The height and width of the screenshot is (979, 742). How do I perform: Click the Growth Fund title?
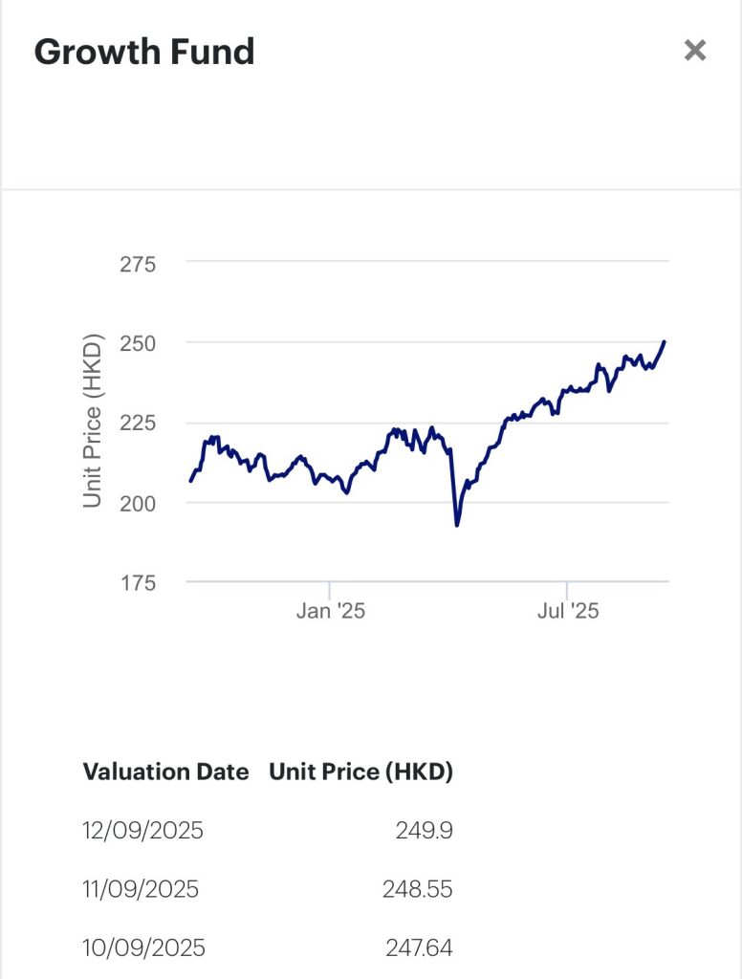[x=144, y=52]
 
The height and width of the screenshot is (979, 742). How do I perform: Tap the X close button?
[x=695, y=51]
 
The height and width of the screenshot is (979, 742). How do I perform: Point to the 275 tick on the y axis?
[x=138, y=263]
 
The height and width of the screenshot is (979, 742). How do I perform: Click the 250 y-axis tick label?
[x=138, y=342]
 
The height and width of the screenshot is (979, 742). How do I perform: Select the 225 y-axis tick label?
[x=138, y=423]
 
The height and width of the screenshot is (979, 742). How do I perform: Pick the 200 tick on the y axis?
[x=138, y=502]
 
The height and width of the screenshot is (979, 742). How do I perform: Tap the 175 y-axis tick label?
[x=138, y=581]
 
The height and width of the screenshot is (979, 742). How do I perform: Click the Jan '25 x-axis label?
[x=330, y=611]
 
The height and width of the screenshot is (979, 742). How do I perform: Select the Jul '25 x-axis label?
[x=567, y=611]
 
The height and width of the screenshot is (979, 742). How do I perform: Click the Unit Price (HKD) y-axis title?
[x=92, y=421]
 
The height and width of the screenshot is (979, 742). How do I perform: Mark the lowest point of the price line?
[x=457, y=525]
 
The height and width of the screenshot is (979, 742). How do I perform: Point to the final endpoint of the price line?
[x=665, y=341]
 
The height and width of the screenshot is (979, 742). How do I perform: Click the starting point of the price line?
[x=190, y=480]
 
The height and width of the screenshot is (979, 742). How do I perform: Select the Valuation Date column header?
[x=165, y=772]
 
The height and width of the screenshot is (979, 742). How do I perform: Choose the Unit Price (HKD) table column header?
[x=360, y=772]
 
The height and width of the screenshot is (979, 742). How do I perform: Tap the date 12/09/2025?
[x=143, y=830]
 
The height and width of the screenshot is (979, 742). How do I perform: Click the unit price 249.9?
[x=424, y=830]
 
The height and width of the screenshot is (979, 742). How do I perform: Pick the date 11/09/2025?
[x=141, y=889]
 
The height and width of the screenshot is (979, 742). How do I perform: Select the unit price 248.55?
[x=417, y=889]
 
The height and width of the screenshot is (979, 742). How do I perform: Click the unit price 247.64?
[x=419, y=948]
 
